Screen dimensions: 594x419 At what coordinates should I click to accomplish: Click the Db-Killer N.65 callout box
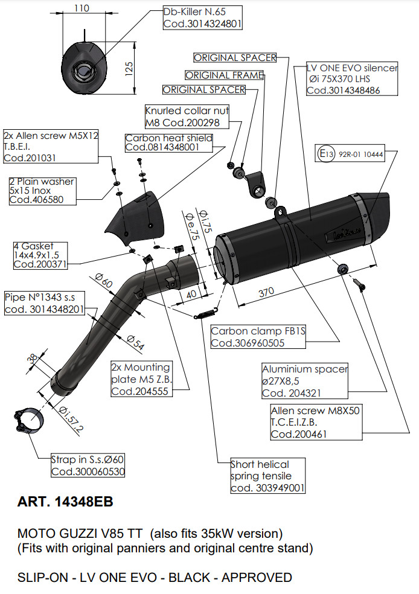coord(202,18)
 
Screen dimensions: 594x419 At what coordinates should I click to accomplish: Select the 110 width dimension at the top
coord(82,8)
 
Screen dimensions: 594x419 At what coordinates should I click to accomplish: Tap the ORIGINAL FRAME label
coord(224,75)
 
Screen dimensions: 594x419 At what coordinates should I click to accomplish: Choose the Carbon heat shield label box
coord(168,142)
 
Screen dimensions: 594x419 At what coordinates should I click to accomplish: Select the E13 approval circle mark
coord(326,154)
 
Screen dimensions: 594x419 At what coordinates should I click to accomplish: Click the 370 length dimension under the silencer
coord(266,292)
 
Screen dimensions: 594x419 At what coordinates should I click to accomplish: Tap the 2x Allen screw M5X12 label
coord(50,147)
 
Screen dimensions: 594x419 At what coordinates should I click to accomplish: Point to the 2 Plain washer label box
coord(42,190)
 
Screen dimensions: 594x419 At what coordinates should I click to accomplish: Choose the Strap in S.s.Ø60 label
coord(88,466)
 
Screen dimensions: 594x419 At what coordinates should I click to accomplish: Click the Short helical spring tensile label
coord(267,476)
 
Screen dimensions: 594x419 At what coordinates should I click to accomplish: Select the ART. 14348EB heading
coord(65,502)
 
